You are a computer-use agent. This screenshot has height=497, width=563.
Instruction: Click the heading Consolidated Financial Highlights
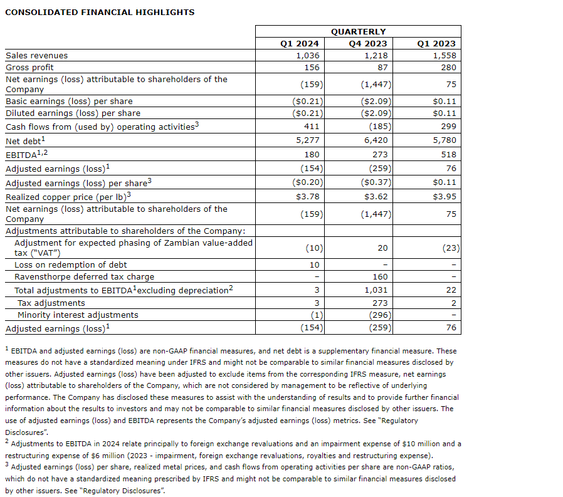100,12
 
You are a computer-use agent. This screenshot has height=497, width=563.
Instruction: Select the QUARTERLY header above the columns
358,31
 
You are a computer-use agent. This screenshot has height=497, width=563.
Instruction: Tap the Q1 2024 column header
299,43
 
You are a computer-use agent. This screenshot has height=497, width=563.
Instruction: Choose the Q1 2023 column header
436,43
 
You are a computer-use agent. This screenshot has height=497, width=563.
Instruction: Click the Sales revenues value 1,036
308,55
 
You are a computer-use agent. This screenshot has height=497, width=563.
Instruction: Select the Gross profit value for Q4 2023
381,67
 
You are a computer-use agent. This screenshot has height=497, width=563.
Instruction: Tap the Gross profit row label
30,67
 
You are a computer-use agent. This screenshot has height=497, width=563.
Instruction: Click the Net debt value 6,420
376,140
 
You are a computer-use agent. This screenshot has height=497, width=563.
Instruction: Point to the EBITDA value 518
448,154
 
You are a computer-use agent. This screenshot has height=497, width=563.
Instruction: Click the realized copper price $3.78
307,196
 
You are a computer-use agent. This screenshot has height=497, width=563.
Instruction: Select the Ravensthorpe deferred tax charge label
84,276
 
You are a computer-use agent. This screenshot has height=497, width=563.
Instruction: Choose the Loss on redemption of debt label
70,265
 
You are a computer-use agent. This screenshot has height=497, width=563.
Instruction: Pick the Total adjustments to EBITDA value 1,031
376,290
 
